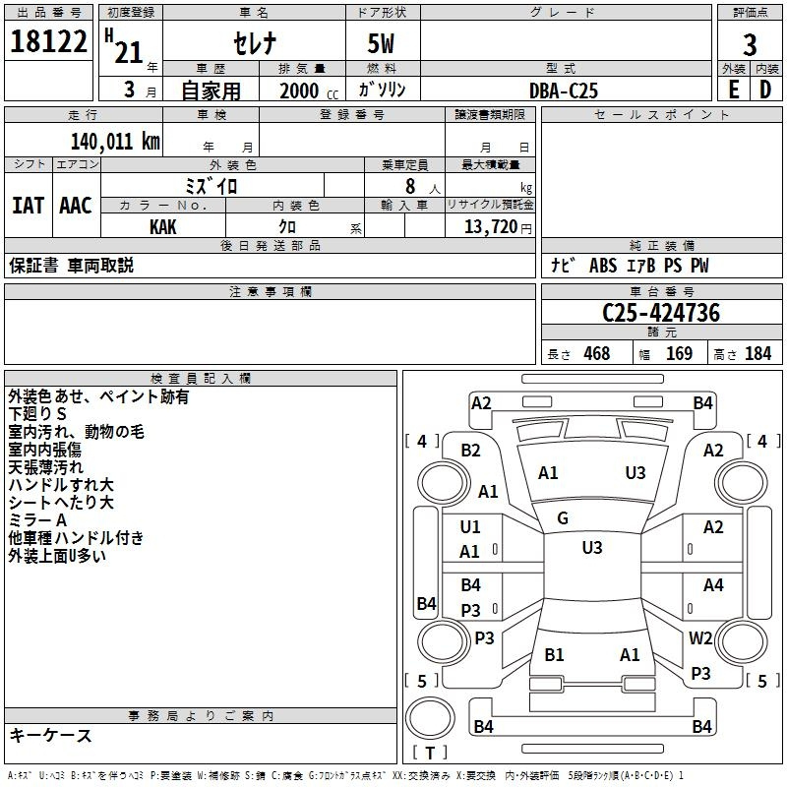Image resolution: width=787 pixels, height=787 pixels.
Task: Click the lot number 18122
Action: coord(48,44)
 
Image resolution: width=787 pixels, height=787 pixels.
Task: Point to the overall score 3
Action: coord(750,45)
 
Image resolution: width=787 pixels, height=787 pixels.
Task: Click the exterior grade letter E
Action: coord(733,90)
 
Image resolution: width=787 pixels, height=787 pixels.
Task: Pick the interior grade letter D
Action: coord(765,90)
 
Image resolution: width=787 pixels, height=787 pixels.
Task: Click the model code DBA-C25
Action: coord(563,91)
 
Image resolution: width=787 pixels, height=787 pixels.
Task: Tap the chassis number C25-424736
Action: coord(661,313)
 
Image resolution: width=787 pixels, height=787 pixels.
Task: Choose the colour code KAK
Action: coord(163,226)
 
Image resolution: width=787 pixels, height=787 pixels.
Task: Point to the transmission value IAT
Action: coord(28,206)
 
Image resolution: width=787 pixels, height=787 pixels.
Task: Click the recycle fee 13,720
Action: coord(491,226)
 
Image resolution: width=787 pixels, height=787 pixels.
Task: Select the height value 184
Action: coord(757,354)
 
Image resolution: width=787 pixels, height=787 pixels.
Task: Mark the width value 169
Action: coord(679,354)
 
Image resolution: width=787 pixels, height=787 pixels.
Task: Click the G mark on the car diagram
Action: coord(563,518)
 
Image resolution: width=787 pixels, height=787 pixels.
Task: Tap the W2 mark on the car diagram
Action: coord(700,637)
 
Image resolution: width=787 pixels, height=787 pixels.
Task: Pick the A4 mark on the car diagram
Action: coord(713,585)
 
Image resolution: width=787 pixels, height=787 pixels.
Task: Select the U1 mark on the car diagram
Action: coord(470,527)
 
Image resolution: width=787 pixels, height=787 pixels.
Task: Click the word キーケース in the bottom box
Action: coord(51,736)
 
